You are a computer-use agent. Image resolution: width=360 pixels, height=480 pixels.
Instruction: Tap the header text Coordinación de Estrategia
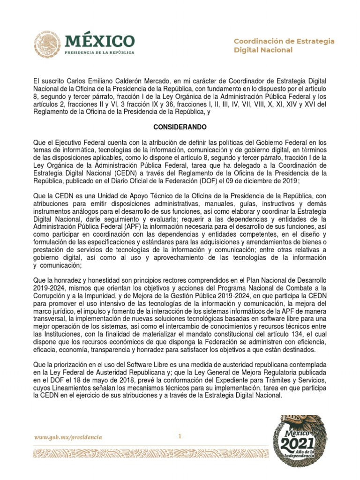click(x=284, y=41)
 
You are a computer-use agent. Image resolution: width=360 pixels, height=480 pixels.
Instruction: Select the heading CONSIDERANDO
click(x=180, y=127)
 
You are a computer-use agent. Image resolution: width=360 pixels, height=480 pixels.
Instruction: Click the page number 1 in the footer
click(x=180, y=436)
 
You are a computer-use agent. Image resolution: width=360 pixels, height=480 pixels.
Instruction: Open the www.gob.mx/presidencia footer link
click(x=67, y=437)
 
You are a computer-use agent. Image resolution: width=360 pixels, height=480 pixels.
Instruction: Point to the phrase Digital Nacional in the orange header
click(x=263, y=50)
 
